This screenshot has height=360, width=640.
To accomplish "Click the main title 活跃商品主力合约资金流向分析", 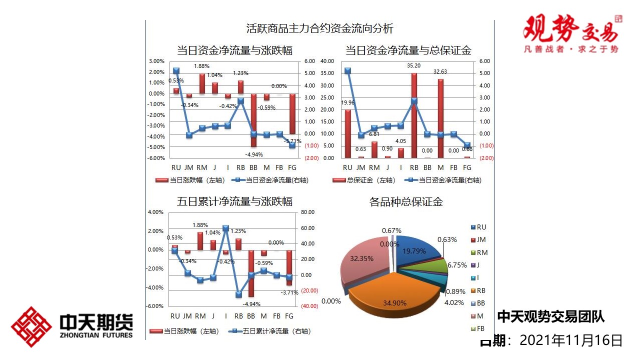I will [x=320, y=28].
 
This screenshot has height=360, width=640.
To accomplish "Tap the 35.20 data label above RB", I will [x=413, y=65].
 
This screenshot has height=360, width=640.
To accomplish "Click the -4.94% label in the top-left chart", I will [x=253, y=154].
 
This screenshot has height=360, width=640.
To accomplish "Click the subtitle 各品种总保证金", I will [x=406, y=202].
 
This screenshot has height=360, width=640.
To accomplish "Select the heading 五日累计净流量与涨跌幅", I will [x=235, y=202].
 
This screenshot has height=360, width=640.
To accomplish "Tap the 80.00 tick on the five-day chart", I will [x=308, y=212].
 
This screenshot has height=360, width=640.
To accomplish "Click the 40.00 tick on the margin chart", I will [x=327, y=61].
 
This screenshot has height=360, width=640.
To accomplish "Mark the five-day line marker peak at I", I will [x=225, y=228].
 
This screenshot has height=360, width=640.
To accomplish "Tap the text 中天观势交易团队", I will [x=551, y=316].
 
